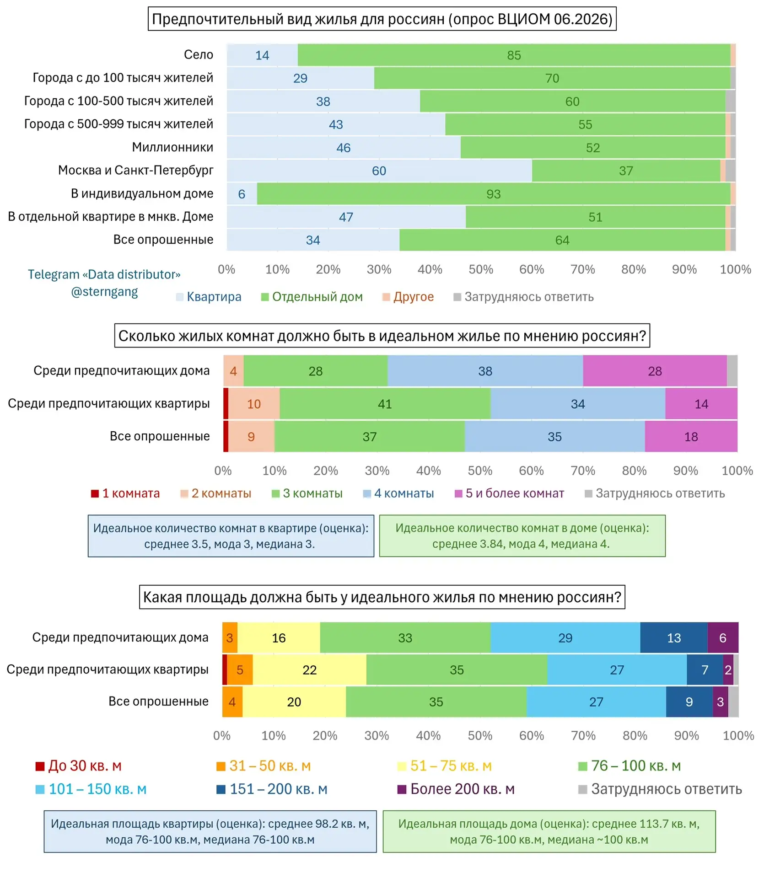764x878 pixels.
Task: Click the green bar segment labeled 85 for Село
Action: [x=514, y=55]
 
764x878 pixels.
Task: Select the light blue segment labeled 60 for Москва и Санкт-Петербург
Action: [x=379, y=171]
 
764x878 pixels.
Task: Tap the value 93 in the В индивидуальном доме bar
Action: [x=494, y=194]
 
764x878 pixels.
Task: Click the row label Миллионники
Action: [x=172, y=147]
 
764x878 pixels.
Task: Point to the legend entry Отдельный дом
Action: [x=312, y=297]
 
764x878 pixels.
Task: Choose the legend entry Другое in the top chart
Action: [x=408, y=297]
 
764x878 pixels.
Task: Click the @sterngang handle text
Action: [x=104, y=292]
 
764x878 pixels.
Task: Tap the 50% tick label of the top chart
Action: [x=481, y=269]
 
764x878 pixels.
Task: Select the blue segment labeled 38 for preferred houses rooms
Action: [x=485, y=371]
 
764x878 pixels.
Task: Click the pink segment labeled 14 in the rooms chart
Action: [x=701, y=404]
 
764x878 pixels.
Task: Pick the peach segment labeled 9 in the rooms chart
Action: [x=252, y=437]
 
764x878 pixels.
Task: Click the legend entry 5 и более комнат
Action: [x=509, y=493]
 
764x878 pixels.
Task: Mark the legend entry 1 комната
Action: [x=125, y=493]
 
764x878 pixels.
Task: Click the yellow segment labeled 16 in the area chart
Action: [x=279, y=638]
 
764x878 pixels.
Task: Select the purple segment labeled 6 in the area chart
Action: [x=723, y=638]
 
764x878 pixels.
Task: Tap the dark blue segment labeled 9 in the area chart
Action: [x=689, y=702]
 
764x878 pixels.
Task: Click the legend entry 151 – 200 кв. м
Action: [x=272, y=789]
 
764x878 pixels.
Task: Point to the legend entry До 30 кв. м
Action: [x=79, y=766]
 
